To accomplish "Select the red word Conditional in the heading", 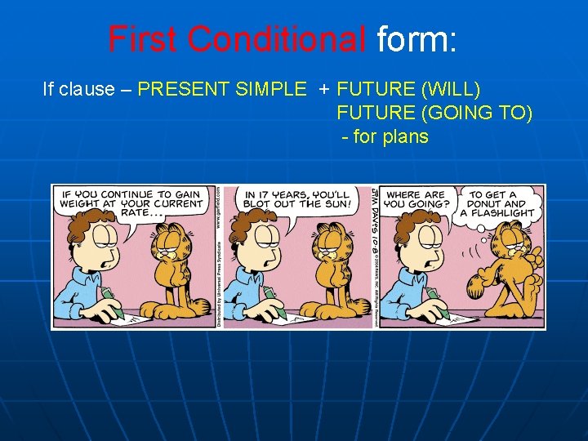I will click(x=276, y=39).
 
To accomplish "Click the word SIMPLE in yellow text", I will click(x=275, y=89).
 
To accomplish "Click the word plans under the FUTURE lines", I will click(x=402, y=136).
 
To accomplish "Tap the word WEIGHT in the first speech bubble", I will click(x=87, y=203).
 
